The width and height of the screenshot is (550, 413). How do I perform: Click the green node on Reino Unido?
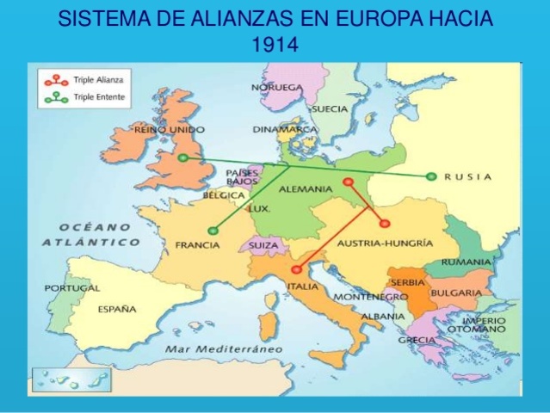pos(182,158)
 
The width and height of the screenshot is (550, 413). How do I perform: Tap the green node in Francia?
pos(213,230)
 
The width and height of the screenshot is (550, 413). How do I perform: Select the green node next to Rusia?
pos(431,176)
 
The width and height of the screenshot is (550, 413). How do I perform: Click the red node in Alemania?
pos(348,182)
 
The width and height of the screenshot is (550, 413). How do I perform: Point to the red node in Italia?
pos(296,269)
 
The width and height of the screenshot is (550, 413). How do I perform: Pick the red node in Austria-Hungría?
pos(385,224)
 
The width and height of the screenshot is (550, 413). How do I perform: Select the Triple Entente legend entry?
pos(83,97)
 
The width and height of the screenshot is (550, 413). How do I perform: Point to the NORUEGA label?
pos(277,88)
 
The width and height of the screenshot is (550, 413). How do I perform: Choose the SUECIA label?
pos(329,110)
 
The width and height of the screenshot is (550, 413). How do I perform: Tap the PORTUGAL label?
pos(72,288)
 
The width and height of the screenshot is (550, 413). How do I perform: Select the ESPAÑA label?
pos(117,309)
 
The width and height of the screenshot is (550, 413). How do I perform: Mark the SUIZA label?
pos(263,245)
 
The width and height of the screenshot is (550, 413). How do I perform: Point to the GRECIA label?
pos(417,340)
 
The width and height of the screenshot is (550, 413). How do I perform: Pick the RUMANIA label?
pos(466,262)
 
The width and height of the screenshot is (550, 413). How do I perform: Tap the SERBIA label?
pos(406,282)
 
